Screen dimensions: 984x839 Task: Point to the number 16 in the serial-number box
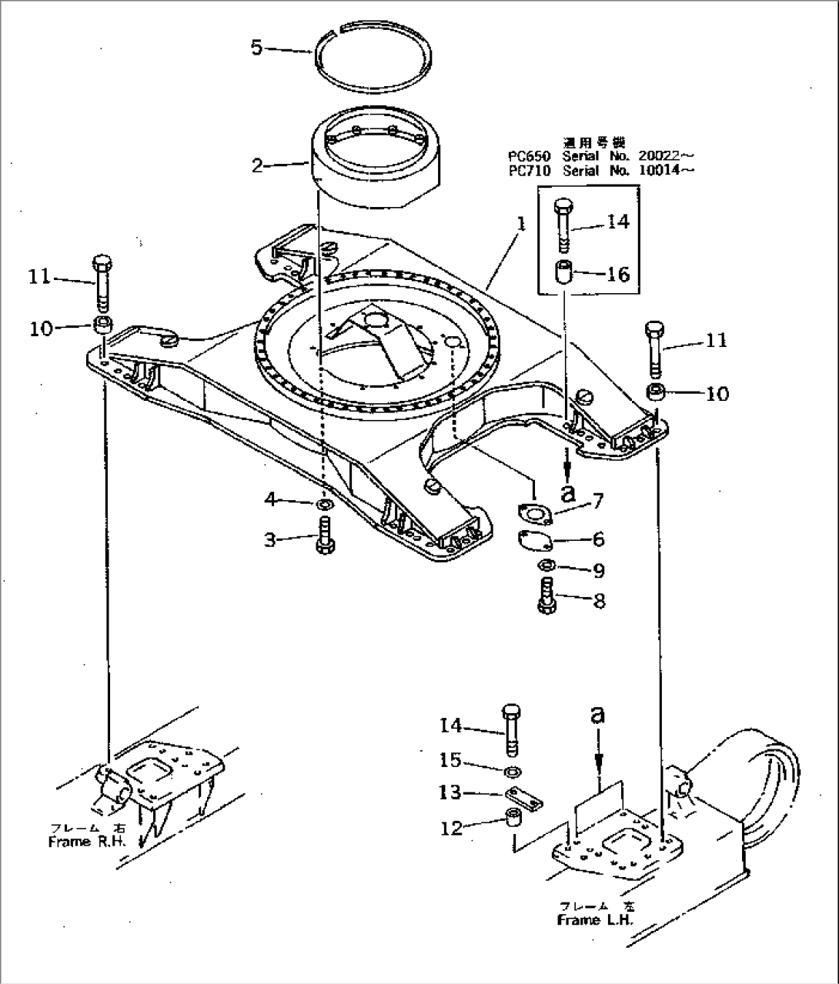point(618,275)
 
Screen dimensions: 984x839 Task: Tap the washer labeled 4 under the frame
point(324,505)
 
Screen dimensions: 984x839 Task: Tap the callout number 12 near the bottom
point(451,828)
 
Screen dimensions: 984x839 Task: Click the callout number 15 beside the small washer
point(450,760)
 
